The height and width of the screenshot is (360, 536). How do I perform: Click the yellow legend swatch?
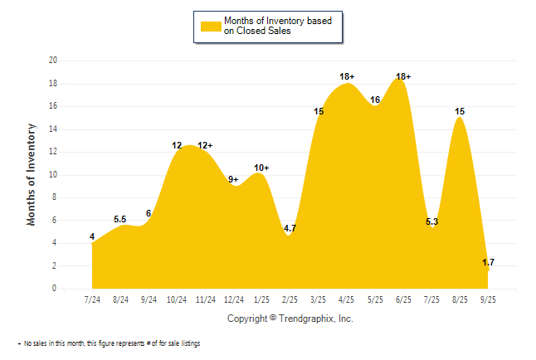point(211,26)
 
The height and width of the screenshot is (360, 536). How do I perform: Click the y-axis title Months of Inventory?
point(32,174)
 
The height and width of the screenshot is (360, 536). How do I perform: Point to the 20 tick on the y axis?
point(53,61)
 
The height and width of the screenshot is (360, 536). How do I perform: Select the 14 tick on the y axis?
point(53,129)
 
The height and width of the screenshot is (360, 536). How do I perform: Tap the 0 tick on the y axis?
point(55,289)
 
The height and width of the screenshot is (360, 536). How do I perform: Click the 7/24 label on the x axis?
point(92,300)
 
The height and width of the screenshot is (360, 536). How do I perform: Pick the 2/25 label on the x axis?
point(290,300)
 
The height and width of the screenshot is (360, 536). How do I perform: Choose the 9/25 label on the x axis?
point(488,300)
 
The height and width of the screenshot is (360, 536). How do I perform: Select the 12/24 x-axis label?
point(233,300)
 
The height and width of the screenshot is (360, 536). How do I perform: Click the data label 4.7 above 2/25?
point(290,228)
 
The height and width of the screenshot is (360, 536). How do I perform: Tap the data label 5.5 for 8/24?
point(119,219)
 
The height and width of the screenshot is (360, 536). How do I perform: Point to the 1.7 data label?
point(488,262)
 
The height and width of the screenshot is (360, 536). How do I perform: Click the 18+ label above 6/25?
point(403,76)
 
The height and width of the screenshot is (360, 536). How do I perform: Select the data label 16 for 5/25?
point(375,100)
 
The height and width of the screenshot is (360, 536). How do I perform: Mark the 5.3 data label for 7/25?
point(431,221)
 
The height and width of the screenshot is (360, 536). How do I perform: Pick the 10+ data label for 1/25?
point(261,168)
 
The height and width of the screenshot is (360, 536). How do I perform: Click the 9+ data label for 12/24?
point(233,178)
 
